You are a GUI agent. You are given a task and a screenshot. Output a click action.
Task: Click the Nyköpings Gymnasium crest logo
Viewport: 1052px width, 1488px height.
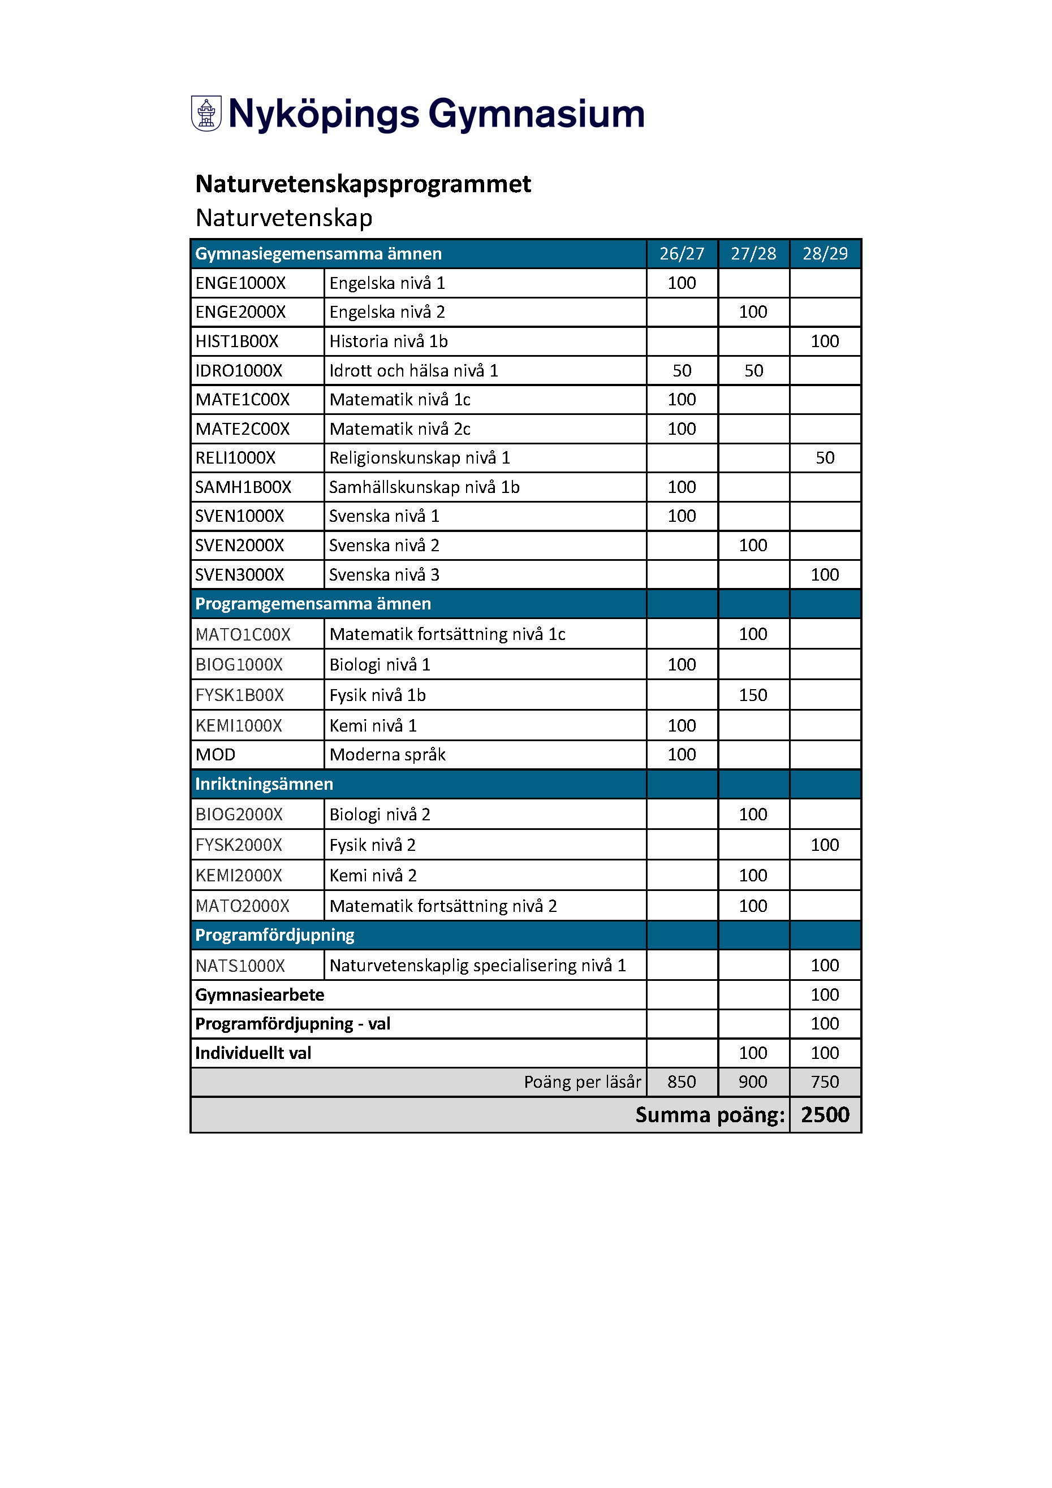(206, 114)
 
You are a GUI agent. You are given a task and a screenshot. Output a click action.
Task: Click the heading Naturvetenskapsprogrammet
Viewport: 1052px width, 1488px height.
(363, 184)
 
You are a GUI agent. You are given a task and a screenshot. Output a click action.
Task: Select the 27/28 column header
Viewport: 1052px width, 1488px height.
(753, 253)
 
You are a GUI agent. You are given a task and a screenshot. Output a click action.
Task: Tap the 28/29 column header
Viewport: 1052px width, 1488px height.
(825, 253)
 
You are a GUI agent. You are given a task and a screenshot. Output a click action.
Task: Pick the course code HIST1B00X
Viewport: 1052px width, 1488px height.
(237, 341)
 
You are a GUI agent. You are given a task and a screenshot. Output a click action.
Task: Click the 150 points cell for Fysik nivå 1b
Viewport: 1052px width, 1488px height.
(753, 695)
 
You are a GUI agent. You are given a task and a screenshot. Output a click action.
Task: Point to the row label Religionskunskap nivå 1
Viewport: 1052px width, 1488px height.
(419, 458)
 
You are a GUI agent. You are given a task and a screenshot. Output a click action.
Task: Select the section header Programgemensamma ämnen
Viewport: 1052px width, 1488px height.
(313, 604)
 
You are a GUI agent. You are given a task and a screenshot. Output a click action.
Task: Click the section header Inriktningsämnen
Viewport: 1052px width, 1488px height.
(264, 784)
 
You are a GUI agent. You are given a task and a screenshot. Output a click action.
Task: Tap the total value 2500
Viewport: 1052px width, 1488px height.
(825, 1115)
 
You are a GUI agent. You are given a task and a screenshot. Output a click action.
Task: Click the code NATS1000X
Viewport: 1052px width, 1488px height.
(240, 966)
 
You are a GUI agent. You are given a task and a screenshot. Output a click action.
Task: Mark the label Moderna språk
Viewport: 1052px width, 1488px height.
(387, 755)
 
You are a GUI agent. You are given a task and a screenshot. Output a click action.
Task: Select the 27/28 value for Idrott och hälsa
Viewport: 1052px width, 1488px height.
(753, 371)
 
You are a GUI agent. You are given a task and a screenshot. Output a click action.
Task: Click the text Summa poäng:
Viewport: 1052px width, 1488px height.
(710, 1115)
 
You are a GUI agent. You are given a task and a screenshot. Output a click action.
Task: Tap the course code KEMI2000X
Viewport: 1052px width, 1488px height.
(239, 876)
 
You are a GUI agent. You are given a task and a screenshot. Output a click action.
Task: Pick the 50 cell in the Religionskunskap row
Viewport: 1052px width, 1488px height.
(825, 458)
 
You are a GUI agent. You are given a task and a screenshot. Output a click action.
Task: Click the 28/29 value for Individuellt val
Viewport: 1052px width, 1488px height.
(825, 1053)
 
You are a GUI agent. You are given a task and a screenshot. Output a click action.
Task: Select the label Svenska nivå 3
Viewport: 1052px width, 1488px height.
(383, 575)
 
